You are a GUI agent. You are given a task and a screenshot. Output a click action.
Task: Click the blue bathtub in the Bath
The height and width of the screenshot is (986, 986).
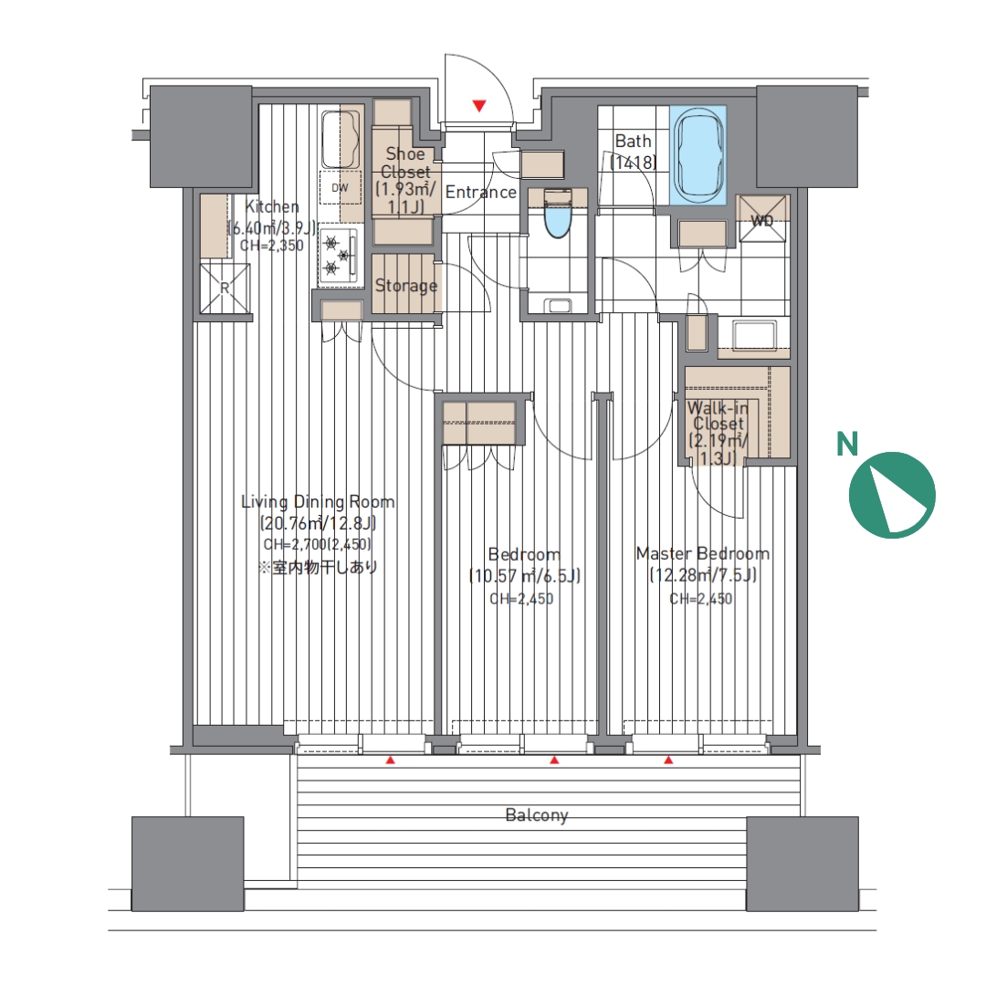tap(698, 155)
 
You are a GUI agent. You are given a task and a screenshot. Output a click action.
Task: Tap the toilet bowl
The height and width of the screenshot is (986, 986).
tap(557, 214)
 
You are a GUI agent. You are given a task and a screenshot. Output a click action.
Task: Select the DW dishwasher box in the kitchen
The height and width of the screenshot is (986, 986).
tap(341, 187)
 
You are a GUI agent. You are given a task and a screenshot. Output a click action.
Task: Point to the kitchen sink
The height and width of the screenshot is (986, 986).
tap(341, 139)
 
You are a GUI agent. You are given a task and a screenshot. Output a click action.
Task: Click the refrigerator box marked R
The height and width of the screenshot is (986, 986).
tap(226, 288)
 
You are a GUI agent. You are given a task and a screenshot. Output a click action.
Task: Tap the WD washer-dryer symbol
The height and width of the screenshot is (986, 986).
tap(762, 219)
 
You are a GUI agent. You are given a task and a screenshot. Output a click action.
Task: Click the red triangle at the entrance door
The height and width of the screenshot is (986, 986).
tap(480, 106)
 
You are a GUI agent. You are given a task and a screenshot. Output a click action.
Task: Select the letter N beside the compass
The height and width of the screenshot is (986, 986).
tap(847, 444)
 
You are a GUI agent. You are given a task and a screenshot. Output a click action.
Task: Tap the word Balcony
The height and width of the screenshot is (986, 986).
tap(537, 815)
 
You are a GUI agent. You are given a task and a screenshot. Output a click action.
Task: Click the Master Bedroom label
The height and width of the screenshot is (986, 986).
tap(702, 553)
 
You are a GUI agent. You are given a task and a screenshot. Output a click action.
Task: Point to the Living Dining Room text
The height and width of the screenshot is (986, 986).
tap(319, 502)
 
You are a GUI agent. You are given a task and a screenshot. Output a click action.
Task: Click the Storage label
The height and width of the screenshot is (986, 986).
tap(406, 286)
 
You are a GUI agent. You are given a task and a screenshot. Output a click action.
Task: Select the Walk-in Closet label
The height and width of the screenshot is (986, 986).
tap(719, 415)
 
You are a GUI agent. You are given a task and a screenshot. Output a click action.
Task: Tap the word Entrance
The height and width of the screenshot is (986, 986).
tap(481, 192)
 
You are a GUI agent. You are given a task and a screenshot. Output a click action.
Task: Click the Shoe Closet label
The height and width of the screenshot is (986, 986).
tap(405, 163)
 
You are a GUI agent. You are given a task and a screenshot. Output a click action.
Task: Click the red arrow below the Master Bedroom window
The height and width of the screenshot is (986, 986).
tap(668, 760)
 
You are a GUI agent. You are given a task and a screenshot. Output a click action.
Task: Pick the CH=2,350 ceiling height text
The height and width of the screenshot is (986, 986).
tap(272, 246)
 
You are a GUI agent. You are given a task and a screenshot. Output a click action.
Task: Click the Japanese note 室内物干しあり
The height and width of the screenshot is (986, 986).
tap(319, 567)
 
